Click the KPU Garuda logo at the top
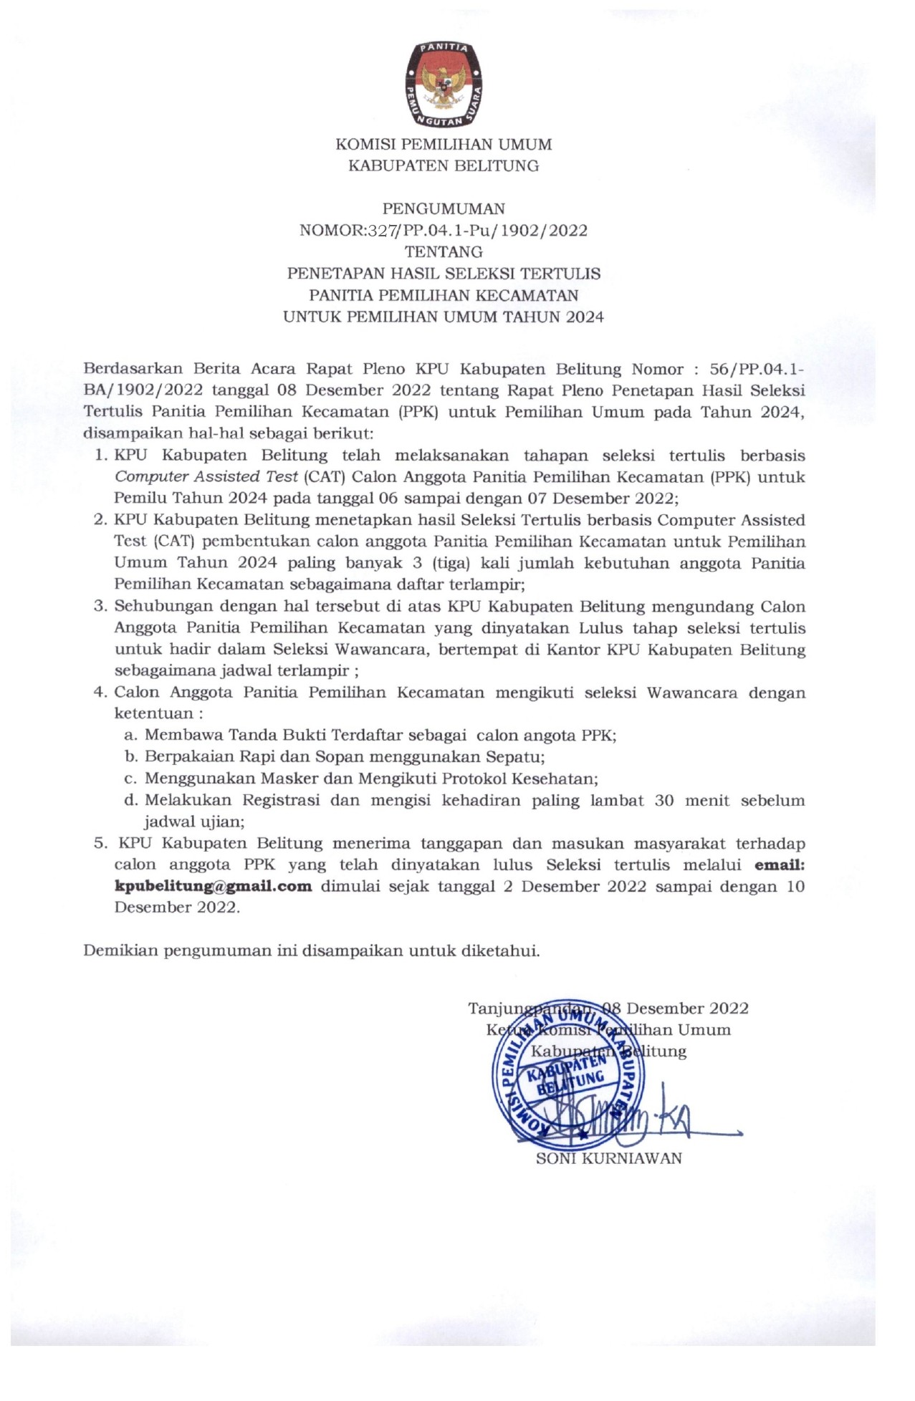(444, 84)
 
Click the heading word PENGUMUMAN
(444, 208)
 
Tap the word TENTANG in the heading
(444, 252)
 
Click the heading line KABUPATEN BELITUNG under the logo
(444, 165)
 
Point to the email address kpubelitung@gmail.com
(214, 886)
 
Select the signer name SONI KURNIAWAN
(609, 1158)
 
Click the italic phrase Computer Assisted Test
(206, 477)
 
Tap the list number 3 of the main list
(100, 606)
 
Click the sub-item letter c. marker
(130, 779)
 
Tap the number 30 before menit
(664, 800)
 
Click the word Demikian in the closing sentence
(120, 950)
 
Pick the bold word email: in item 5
(780, 865)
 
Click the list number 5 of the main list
(100, 843)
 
